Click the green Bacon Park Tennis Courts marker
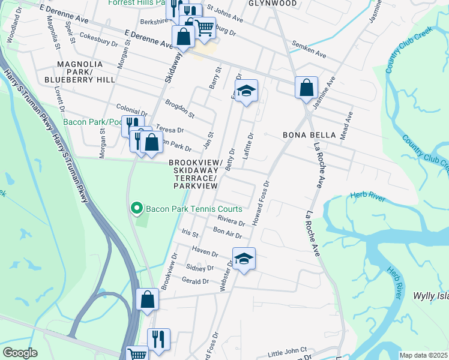tap(136, 209)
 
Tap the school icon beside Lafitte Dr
tap(246, 92)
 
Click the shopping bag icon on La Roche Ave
tap(306, 88)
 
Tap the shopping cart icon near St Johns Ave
tap(204, 27)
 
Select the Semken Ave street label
tap(309, 49)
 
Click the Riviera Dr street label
tap(231, 220)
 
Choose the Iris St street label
tap(189, 233)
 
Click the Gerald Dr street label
tap(197, 281)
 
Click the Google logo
tap(19, 353)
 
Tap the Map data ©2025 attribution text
tap(424, 355)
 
